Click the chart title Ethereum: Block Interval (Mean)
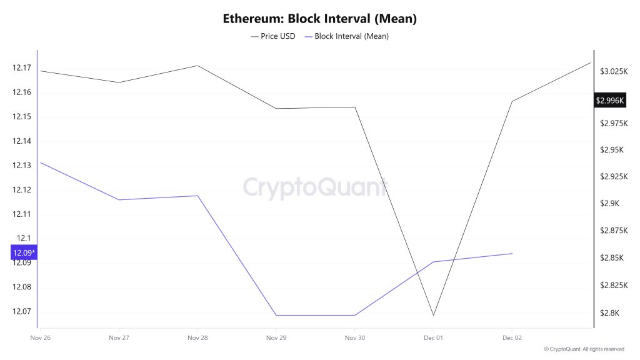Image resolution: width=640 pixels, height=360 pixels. (319, 19)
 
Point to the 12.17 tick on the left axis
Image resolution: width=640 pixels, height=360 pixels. (21, 67)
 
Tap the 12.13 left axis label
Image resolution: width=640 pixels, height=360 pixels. (21, 166)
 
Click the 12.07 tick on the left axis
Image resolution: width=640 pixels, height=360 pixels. (21, 311)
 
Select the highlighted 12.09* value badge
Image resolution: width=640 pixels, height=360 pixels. (24, 252)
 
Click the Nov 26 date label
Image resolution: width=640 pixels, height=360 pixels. (40, 337)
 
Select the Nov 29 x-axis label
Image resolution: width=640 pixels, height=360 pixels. (276, 337)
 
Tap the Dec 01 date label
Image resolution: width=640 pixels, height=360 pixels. (433, 337)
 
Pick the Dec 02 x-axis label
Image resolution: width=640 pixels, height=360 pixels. (512, 337)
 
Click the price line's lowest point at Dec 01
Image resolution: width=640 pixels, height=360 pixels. (433, 315)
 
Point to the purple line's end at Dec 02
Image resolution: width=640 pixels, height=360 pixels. (512, 253)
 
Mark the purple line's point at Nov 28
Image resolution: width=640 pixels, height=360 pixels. (197, 196)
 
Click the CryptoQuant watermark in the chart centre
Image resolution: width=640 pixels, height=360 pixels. (315, 187)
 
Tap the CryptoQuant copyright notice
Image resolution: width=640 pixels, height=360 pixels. (584, 349)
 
